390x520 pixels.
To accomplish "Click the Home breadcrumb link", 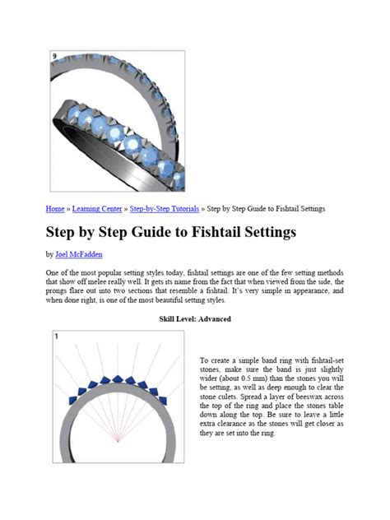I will click(54, 208).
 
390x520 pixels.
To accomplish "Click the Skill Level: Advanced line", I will click(195, 318).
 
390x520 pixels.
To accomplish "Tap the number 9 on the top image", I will click(54, 57).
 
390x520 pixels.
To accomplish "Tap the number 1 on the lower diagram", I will click(56, 337).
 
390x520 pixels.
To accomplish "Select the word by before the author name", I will click(49, 254).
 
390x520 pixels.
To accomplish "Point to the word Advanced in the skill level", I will click(215, 318).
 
